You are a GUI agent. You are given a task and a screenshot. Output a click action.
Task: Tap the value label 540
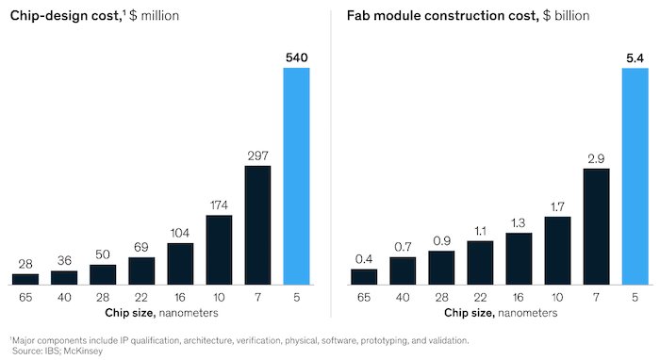tap(297, 58)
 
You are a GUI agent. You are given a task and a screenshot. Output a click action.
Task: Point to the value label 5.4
tap(635, 58)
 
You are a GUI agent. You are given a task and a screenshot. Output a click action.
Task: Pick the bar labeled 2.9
tap(596, 227)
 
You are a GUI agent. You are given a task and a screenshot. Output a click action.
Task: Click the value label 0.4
tap(364, 259)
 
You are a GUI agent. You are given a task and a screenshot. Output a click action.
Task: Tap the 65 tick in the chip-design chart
tap(25, 297)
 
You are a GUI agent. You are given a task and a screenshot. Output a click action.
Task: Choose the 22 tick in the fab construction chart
tap(480, 297)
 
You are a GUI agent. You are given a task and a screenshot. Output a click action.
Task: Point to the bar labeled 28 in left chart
tap(25, 279)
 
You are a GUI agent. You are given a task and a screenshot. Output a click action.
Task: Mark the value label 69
tap(141, 247)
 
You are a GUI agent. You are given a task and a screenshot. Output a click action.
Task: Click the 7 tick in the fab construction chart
tap(596, 297)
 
